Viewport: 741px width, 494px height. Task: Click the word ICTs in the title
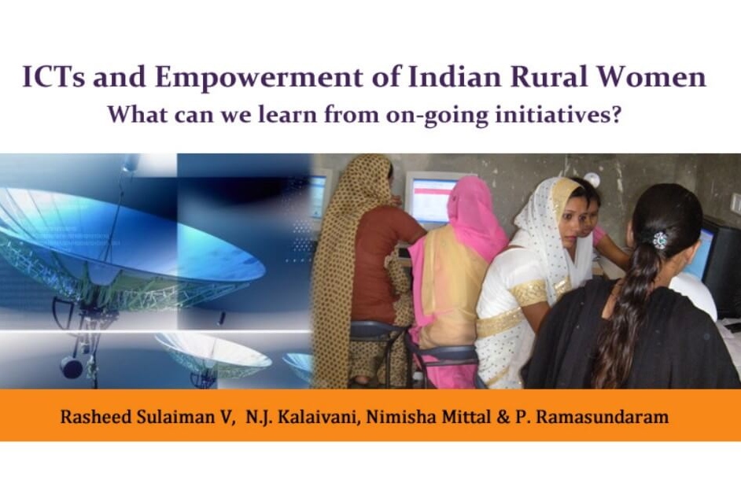click(53, 78)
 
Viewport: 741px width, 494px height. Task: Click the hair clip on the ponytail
click(660, 240)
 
